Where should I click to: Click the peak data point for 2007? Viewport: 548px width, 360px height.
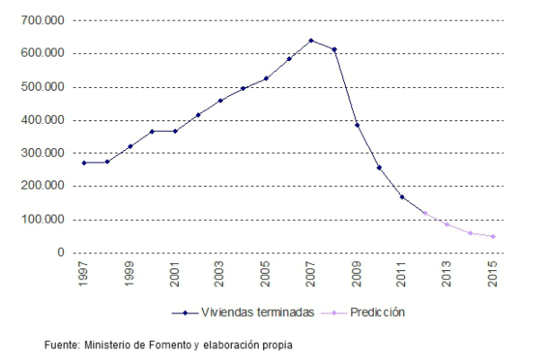[311, 40]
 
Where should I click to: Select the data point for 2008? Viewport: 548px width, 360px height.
[334, 49]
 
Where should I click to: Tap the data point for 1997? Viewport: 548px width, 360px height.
[84, 162]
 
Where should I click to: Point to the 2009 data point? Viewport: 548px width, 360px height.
[357, 125]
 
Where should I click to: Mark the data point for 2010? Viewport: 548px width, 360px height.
[379, 167]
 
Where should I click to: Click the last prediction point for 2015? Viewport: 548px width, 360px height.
[492, 236]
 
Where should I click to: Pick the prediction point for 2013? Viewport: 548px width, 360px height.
[447, 224]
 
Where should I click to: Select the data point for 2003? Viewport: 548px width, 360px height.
[220, 101]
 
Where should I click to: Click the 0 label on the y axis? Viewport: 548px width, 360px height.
[60, 252]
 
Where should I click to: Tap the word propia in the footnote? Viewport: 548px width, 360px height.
[276, 343]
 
